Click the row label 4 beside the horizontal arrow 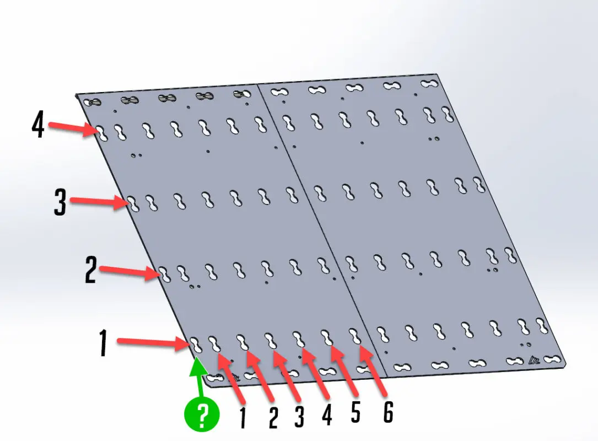(x=38, y=125)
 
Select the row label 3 (x=60, y=202)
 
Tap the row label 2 (x=91, y=270)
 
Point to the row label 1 (x=103, y=343)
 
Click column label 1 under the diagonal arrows (x=243, y=418)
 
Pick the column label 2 (x=273, y=417)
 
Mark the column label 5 (x=355, y=411)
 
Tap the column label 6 (x=388, y=412)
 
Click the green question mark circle (x=202, y=414)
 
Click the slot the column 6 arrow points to (x=355, y=336)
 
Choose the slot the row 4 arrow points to (x=101, y=132)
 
